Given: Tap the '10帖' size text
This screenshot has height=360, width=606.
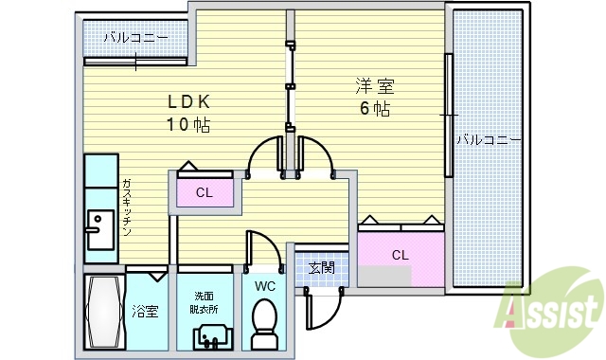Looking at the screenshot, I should (189, 124).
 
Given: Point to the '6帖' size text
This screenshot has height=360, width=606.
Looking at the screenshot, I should (373, 108).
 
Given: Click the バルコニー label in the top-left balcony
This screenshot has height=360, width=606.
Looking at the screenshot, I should (136, 38).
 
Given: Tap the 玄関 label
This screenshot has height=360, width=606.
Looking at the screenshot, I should (321, 268).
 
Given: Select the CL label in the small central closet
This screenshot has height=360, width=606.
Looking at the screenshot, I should (204, 193).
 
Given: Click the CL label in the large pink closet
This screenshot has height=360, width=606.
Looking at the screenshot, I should (400, 254).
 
